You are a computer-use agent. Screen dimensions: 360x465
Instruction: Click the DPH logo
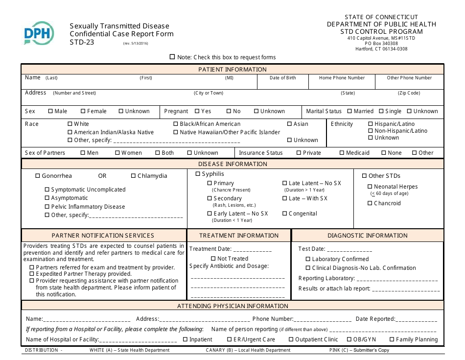coord(39,34)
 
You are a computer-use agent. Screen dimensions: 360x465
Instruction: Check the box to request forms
coord(172,57)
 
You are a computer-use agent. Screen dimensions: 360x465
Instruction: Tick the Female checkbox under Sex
coord(83,111)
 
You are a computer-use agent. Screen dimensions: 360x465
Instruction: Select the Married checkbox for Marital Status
coord(349,111)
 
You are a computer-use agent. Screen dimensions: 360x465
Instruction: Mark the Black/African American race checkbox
coord(176,124)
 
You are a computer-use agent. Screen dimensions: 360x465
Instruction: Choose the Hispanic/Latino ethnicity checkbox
coord(371,124)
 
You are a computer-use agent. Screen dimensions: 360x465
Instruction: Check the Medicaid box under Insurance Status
coord(342,153)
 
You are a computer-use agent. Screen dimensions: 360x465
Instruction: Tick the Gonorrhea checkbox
coord(38,176)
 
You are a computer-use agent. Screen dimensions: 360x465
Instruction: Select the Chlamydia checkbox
coord(134,176)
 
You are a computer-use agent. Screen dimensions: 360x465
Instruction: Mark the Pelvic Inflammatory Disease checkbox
coord(47,207)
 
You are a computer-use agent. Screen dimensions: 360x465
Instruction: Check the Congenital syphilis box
coord(285,214)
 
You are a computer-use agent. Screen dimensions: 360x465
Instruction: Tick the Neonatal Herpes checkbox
coord(370,187)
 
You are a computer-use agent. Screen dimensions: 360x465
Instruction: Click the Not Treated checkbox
coord(213,259)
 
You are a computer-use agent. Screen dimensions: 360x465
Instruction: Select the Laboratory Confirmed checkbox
coord(308,259)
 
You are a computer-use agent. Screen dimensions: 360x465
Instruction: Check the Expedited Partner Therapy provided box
coord(32,274)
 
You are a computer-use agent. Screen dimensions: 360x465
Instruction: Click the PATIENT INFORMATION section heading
coord(232,69)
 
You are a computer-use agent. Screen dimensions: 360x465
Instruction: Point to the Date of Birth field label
coord(282,78)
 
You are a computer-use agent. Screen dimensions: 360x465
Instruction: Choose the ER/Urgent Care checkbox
coord(230,339)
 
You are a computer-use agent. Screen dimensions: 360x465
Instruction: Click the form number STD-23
coord(82,42)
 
